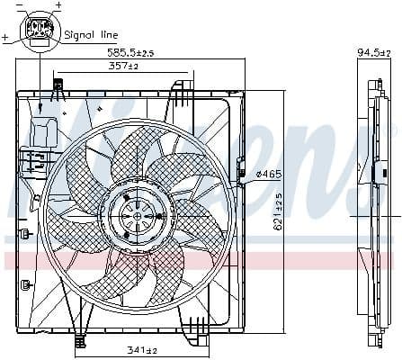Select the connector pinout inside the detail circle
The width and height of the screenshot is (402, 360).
(x=40, y=30)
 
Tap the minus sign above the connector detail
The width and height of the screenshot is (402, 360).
(x=21, y=6)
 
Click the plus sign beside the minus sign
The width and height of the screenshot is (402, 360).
(x=58, y=6)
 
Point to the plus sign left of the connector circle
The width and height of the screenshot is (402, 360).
(x=5, y=38)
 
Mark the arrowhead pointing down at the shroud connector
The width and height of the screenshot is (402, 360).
(x=41, y=110)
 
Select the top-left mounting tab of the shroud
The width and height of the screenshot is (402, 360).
(x=58, y=87)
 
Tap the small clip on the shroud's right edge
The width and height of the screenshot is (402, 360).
(x=240, y=167)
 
